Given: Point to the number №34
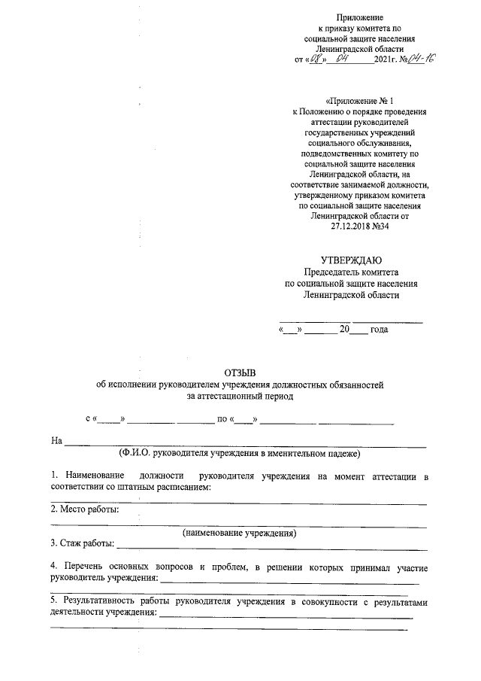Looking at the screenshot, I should [x=381, y=225].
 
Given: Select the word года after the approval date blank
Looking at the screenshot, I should [x=380, y=330].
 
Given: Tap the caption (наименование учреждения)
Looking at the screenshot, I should [x=240, y=533].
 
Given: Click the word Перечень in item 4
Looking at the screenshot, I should [x=84, y=565].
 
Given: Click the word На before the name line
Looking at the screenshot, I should [x=56, y=440].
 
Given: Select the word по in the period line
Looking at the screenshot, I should [x=222, y=418].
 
